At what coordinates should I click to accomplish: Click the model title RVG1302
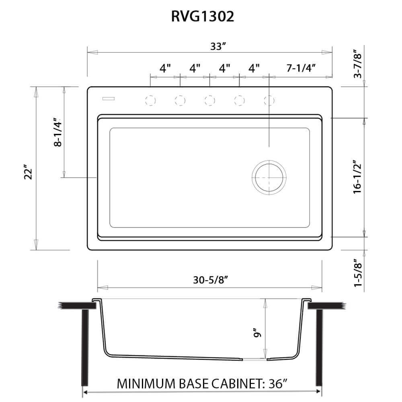(x=201, y=16)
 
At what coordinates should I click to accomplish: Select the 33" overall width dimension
(x=216, y=47)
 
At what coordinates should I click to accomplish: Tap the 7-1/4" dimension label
(x=300, y=68)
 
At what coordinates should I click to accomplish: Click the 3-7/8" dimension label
(x=357, y=64)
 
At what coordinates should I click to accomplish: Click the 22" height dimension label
(x=28, y=173)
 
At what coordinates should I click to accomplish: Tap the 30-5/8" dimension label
(x=209, y=280)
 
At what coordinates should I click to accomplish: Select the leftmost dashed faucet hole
(x=150, y=100)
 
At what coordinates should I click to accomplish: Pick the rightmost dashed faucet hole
(x=269, y=100)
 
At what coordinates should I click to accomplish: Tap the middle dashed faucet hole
(x=209, y=100)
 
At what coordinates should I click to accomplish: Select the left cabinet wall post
(x=85, y=348)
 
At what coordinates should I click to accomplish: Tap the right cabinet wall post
(x=319, y=348)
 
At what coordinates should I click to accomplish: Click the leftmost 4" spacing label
(x=165, y=68)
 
